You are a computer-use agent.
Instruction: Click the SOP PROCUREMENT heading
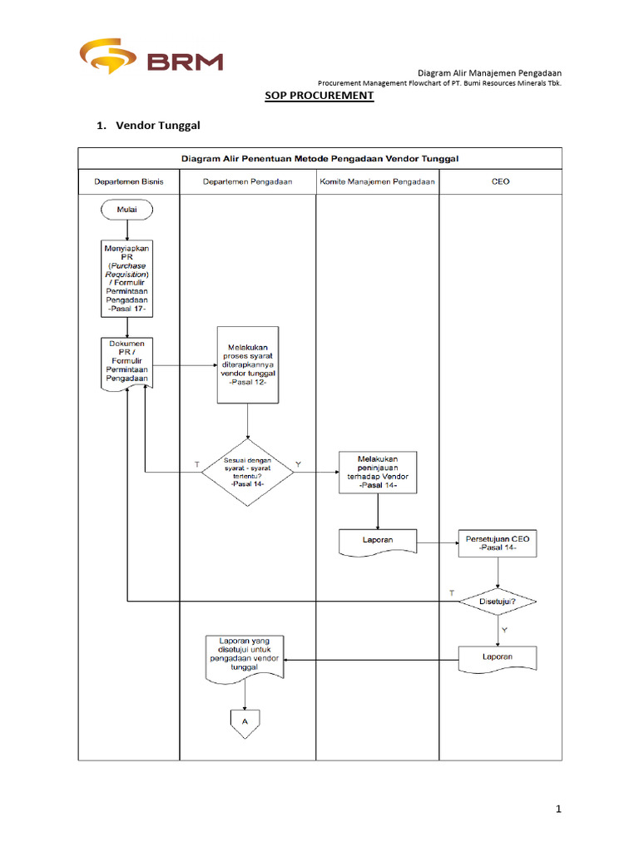(x=319, y=97)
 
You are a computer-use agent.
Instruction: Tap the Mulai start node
(x=127, y=211)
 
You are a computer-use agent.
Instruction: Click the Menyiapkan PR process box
(x=126, y=279)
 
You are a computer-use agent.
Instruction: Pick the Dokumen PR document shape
(x=126, y=361)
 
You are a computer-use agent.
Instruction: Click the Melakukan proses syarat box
(x=247, y=365)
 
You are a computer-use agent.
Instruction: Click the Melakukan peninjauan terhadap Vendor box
(x=378, y=472)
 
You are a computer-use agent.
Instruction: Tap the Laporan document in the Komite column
(x=378, y=541)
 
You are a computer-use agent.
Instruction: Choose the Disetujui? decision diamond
(x=498, y=601)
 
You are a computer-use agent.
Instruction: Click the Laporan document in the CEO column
(x=498, y=657)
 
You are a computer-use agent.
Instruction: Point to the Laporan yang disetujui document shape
(x=245, y=658)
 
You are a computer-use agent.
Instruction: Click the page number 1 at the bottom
(x=560, y=809)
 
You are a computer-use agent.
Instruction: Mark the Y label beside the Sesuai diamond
(x=300, y=463)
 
